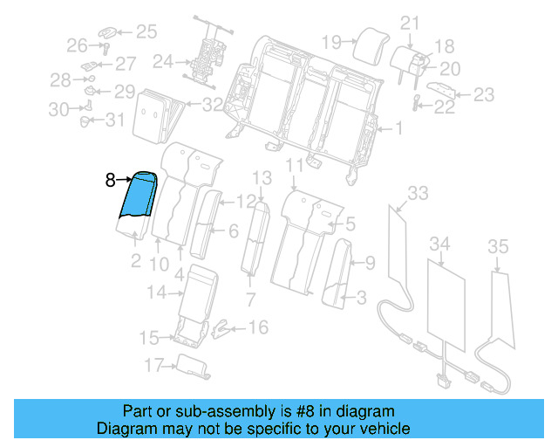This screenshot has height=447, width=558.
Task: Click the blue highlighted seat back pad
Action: tap(139, 196)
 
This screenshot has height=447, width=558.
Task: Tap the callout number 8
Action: tap(110, 181)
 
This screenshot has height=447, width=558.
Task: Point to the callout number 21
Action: tap(410, 23)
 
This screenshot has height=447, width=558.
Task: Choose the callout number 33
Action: tap(418, 193)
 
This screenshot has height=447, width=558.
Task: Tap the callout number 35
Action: tap(497, 248)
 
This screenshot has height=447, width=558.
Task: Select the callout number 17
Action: tap(153, 364)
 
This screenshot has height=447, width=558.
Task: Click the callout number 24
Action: tap(163, 62)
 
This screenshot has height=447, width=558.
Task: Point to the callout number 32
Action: tap(213, 106)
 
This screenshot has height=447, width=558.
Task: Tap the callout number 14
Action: tap(155, 293)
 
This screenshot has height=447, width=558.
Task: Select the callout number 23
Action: tap(483, 94)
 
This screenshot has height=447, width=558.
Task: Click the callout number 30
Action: tap(58, 109)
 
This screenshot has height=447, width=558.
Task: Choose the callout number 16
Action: tap(258, 327)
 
